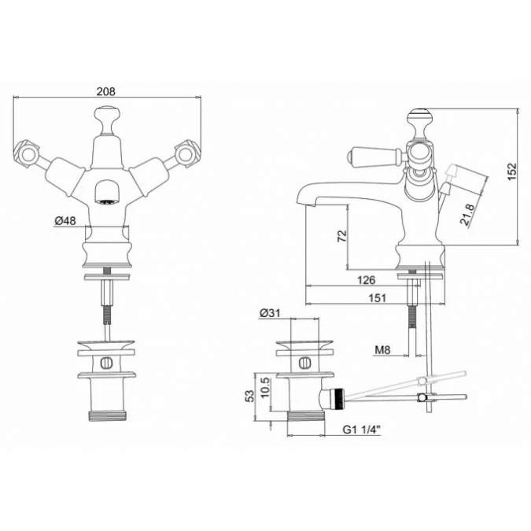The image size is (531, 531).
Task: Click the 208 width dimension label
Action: (x=106, y=91)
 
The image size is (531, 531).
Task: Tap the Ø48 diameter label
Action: (x=65, y=221)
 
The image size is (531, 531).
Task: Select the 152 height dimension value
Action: (x=512, y=171)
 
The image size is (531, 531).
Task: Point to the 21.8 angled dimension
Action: (x=467, y=215)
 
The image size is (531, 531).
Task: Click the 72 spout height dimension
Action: (x=342, y=236)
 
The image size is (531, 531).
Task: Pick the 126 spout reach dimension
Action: (x=366, y=280)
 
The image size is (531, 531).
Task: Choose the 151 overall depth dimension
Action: (x=377, y=298)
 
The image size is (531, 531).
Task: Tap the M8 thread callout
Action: (x=382, y=350)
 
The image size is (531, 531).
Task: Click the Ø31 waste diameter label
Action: (x=270, y=313)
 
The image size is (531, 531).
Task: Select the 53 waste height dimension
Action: (x=249, y=396)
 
